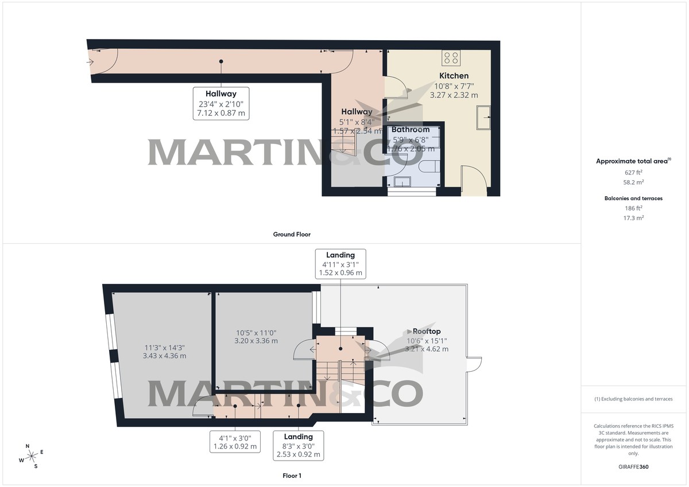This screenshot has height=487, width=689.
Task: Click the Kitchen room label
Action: pyautogui.click(x=454, y=76)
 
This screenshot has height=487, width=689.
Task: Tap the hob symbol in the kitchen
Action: pyautogui.click(x=451, y=57)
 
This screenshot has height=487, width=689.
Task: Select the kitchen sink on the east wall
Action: pyautogui.click(x=483, y=118)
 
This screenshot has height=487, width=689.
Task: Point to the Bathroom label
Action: pyautogui.click(x=411, y=130)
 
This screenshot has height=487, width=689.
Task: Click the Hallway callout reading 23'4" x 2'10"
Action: pyautogui.click(x=221, y=103)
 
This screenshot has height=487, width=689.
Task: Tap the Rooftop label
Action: pyautogui.click(x=427, y=332)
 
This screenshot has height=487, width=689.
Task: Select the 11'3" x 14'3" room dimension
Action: pyautogui.click(x=164, y=352)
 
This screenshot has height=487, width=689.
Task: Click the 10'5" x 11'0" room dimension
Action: pyautogui.click(x=257, y=337)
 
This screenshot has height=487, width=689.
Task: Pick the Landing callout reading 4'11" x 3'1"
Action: pyautogui.click(x=340, y=264)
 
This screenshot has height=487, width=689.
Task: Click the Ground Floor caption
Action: pyautogui.click(x=292, y=234)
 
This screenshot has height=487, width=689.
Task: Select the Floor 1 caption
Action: pyautogui.click(x=292, y=476)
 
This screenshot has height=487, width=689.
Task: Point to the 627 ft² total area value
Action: pyautogui.click(x=633, y=172)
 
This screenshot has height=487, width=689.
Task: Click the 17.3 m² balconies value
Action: pyautogui.click(x=633, y=218)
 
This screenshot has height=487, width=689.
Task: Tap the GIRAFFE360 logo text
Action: pyautogui.click(x=633, y=467)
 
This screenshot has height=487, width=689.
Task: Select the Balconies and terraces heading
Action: pyautogui.click(x=633, y=198)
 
